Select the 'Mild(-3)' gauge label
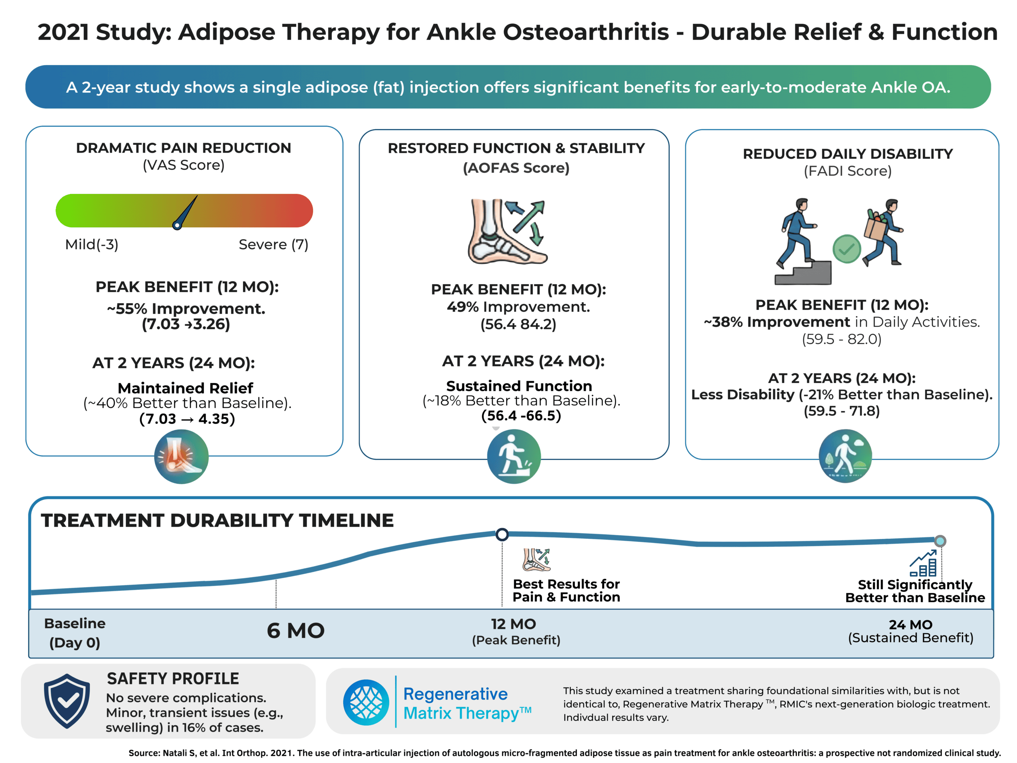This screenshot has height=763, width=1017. [x=91, y=244]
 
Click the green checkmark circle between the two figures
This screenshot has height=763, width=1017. [x=847, y=249]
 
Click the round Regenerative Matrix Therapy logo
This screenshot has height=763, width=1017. [x=366, y=702]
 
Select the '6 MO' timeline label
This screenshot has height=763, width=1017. [x=296, y=630]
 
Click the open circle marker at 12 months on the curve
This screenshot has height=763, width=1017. [x=502, y=534]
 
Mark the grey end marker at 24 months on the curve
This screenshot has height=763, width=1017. [x=940, y=541]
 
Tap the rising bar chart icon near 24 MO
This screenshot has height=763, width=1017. [x=923, y=564]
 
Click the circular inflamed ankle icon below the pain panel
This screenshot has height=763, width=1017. [x=181, y=456]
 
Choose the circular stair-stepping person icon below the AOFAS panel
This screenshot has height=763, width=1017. [x=514, y=456]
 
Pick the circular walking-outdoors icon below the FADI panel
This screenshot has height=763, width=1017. [x=845, y=456]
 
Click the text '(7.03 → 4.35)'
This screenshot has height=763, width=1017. [x=187, y=418]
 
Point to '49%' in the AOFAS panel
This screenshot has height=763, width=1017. [x=462, y=307]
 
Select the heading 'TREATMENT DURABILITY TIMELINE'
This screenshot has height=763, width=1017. [x=217, y=521]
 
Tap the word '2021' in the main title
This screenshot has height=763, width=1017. [x=63, y=32]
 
